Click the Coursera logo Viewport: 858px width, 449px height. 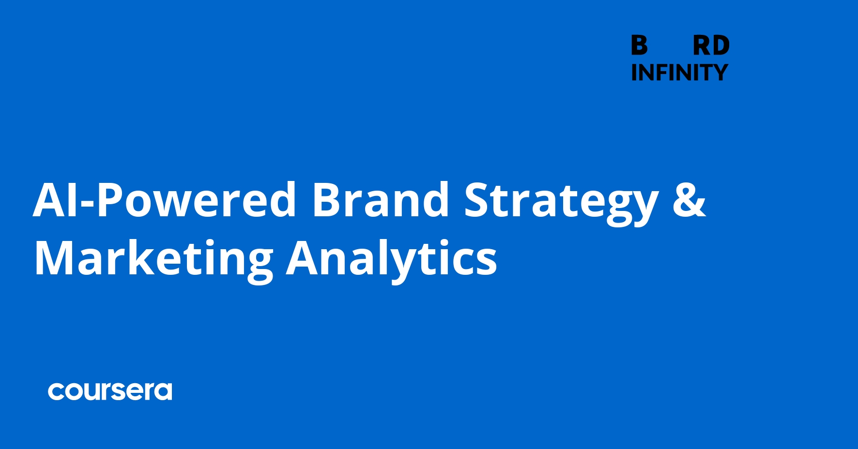point(110,391)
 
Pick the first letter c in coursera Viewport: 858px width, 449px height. point(56,391)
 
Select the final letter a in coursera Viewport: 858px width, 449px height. point(163,391)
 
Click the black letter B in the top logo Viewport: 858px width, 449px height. point(639,45)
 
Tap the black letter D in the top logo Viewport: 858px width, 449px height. point(721,45)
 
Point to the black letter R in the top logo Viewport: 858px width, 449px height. point(702,45)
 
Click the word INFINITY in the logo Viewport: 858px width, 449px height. point(680,73)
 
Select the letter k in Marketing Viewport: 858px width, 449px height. point(144,256)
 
